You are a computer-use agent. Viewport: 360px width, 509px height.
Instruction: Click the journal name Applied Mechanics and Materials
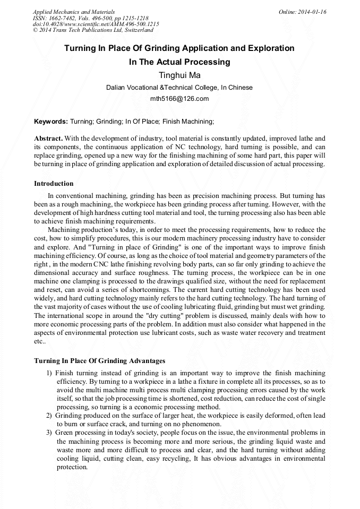74,12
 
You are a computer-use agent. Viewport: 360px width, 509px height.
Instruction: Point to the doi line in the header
96,24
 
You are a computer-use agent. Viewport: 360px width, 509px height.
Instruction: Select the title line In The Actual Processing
179,62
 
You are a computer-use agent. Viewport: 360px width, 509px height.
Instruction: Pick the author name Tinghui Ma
179,75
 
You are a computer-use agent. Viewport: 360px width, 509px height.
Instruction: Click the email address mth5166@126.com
179,99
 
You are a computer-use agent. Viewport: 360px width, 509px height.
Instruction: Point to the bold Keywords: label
51,122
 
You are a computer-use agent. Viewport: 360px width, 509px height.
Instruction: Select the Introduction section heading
54,184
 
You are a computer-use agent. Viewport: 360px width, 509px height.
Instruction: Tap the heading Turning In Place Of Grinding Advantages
99,361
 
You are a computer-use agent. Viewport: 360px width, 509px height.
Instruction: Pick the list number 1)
49,373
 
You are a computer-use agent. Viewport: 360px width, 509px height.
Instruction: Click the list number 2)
49,416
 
